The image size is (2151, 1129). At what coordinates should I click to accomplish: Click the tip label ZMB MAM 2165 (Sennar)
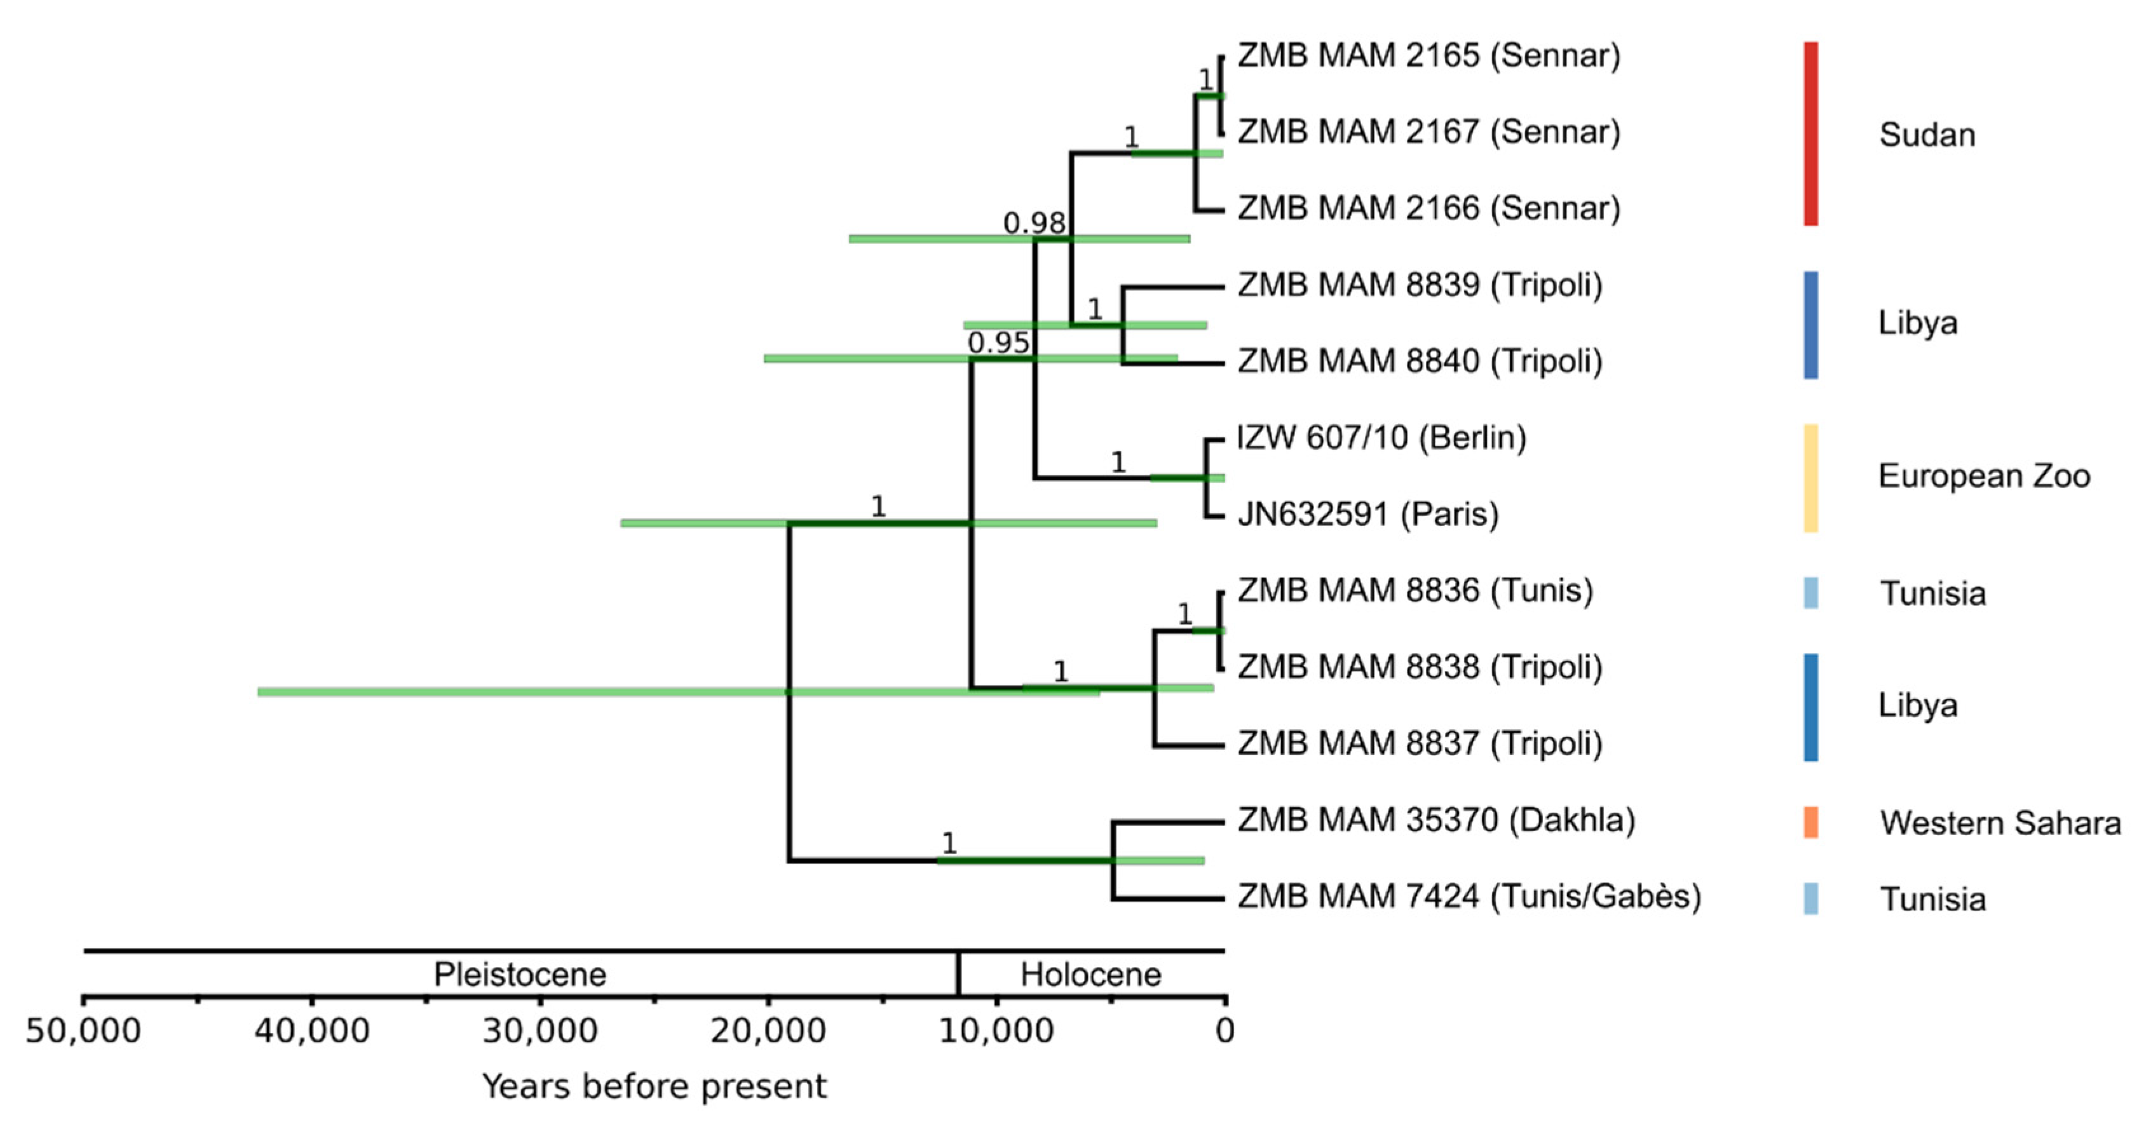(x=1428, y=56)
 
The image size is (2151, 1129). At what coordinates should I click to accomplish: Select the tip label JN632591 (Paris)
(x=1367, y=515)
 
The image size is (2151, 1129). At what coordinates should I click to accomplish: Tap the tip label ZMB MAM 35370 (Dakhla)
(x=1435, y=820)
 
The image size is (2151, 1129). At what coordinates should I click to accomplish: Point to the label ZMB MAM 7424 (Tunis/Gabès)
(x=1469, y=897)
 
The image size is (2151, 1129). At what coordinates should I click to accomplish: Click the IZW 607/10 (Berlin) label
(x=1381, y=438)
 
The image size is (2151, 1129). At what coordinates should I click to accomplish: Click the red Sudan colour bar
(x=1810, y=133)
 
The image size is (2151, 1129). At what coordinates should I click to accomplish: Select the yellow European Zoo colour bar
(x=1810, y=478)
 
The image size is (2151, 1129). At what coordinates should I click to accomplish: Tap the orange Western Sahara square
(x=1810, y=823)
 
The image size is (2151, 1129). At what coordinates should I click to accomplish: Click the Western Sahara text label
(x=2000, y=823)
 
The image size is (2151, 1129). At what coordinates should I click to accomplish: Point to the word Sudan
(x=1927, y=135)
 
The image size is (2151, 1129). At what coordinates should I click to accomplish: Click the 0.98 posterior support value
(x=1034, y=223)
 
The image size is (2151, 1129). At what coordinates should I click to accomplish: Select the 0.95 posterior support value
(x=998, y=343)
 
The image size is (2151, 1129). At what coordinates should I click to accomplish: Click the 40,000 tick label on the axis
(x=311, y=1031)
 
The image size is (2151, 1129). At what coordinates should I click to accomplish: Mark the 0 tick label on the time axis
(x=1224, y=1031)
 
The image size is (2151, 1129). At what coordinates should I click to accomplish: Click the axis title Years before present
(x=654, y=1086)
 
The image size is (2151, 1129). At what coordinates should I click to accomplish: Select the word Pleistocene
(x=519, y=975)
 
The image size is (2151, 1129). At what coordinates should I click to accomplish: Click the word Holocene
(x=1090, y=975)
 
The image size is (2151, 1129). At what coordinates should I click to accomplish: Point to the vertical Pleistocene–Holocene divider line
(x=958, y=974)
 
